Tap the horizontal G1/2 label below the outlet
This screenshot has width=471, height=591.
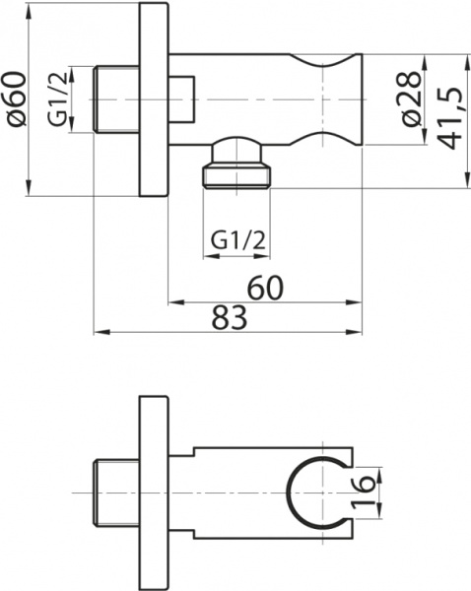[x=237, y=238]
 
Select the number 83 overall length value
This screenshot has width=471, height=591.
[x=229, y=317]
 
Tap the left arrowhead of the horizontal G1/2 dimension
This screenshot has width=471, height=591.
[x=208, y=257]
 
